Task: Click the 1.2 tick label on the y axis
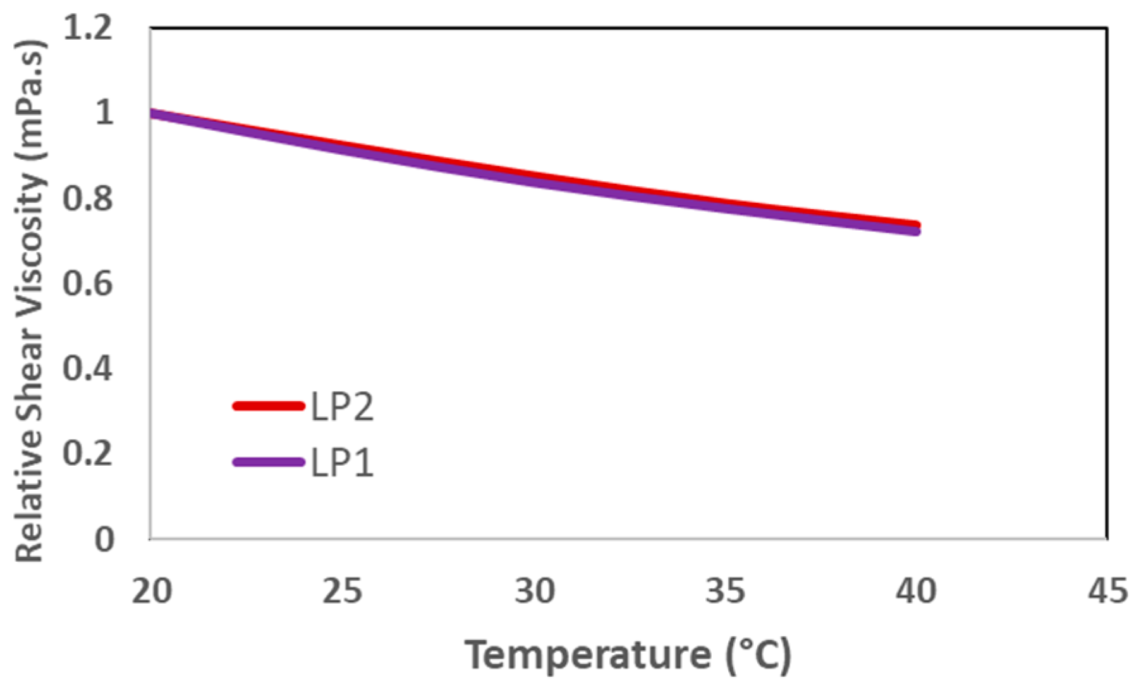point(88,28)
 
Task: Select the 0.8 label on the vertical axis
point(88,198)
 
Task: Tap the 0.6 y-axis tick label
point(88,283)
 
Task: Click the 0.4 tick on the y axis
point(88,368)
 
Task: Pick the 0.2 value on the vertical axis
point(88,454)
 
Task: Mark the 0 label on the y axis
point(104,540)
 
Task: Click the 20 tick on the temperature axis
point(152,592)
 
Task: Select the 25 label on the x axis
point(343,592)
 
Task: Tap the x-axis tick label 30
point(534,592)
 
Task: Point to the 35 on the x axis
point(725,592)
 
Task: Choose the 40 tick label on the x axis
point(917,592)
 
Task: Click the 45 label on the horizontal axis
point(1107,592)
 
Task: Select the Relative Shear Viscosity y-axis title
point(30,300)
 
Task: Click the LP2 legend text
point(342,407)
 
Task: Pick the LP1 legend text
point(342,463)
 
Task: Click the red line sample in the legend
point(269,406)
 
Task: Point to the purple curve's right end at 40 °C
point(915,231)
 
